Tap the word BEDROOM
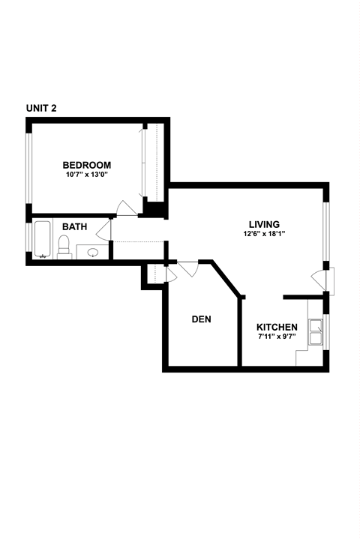point(86,166)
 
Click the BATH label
point(74,226)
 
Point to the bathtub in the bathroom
point(42,240)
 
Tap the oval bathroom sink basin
point(93,253)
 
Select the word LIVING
point(264,224)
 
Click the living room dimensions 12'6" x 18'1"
point(264,234)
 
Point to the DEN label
point(201,319)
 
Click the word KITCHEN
point(277,328)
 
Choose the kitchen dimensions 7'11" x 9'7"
point(277,337)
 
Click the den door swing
point(187,268)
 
